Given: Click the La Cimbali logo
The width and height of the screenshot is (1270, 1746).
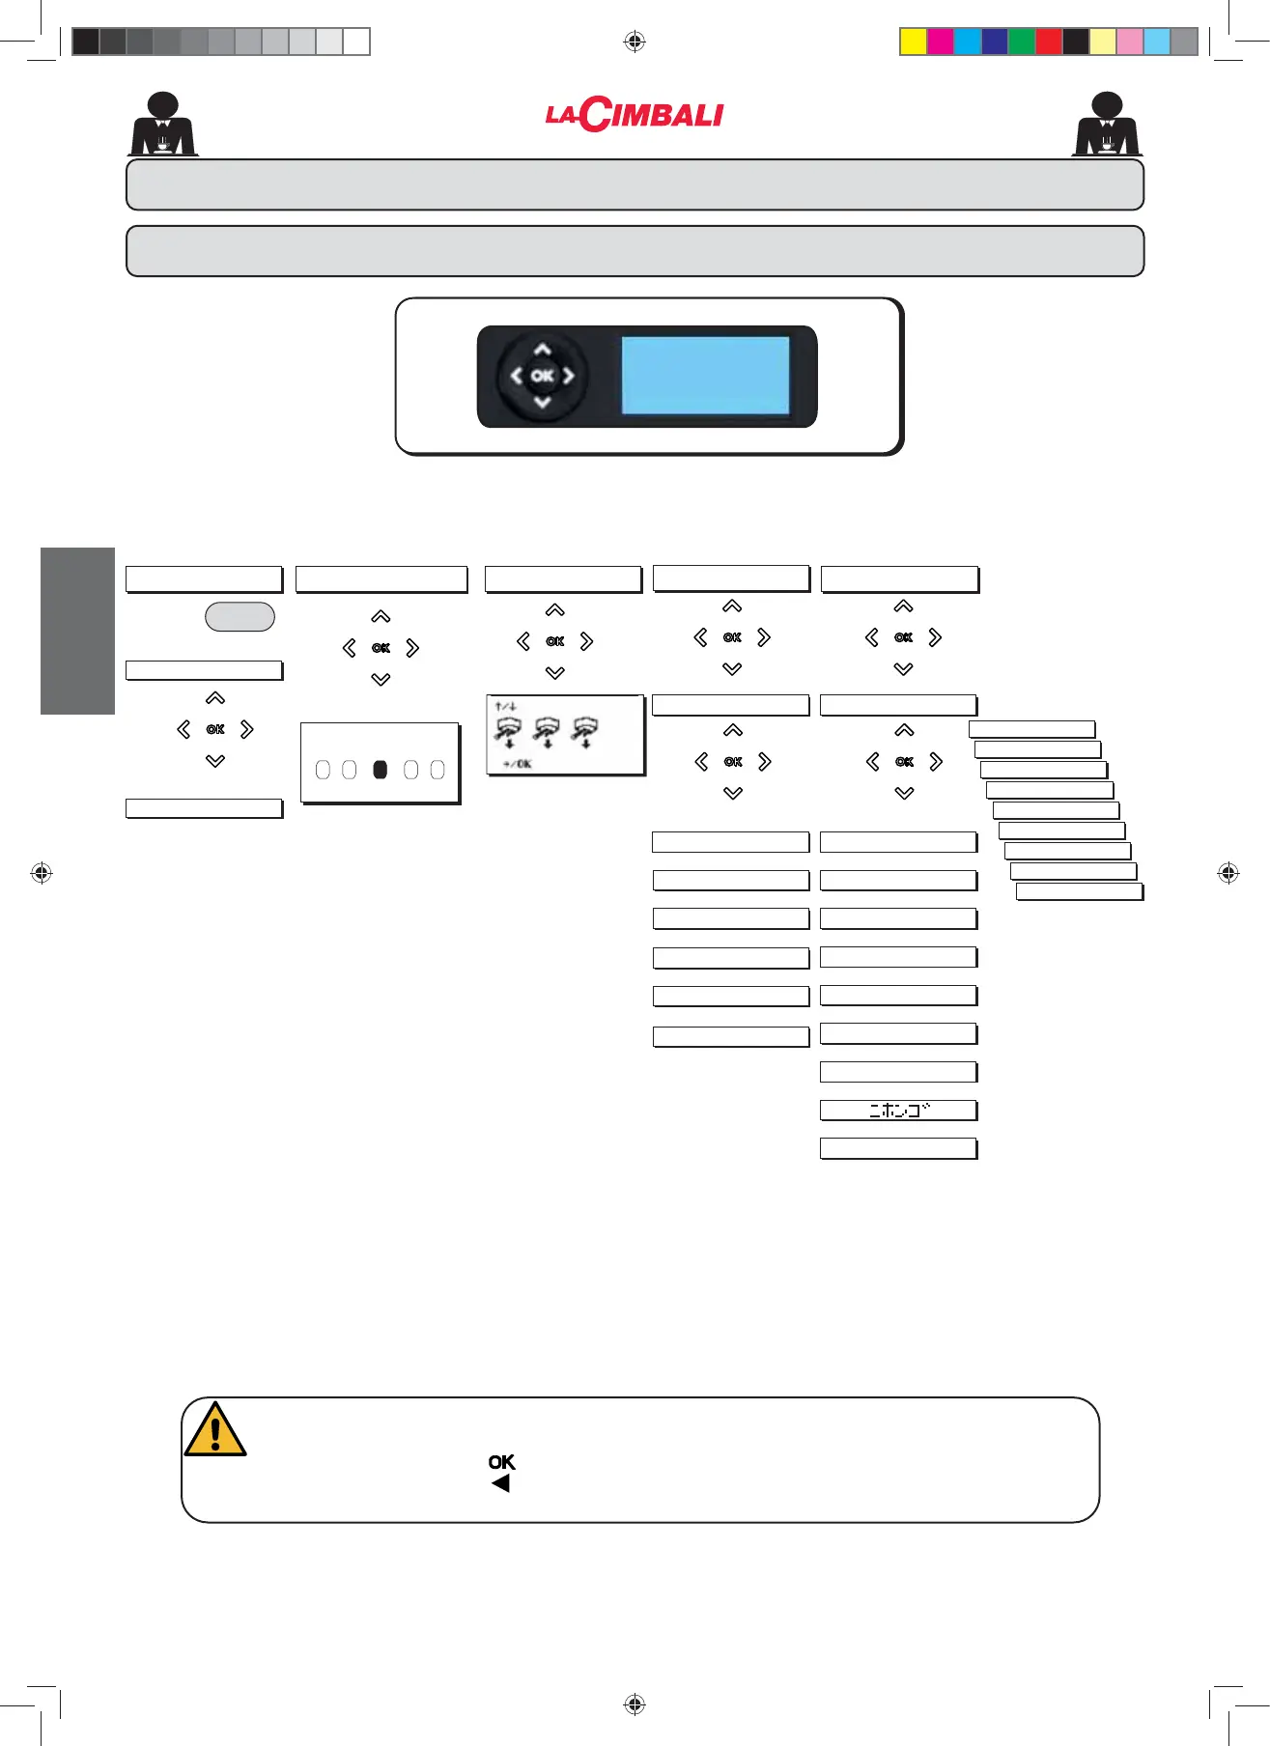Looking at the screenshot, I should [634, 115].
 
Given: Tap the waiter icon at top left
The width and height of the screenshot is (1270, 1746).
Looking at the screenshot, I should [163, 125].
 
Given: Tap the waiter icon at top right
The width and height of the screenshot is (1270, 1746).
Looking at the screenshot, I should [1107, 125].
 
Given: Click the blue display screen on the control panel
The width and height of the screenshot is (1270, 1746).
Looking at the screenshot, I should [705, 376].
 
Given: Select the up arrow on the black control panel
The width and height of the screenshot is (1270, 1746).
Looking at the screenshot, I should [543, 350].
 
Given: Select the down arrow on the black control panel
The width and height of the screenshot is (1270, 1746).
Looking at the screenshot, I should [543, 402].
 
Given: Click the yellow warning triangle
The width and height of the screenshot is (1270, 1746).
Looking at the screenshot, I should [215, 1431].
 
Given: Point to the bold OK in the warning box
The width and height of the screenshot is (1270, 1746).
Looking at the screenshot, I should [501, 1462].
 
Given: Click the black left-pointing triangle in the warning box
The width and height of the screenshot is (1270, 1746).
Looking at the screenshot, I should [500, 1483].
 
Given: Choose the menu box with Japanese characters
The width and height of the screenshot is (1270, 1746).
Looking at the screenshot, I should [898, 1111].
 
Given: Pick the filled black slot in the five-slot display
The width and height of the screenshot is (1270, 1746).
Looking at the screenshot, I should [381, 770].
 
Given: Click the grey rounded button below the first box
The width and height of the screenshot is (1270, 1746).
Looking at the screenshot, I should [240, 617].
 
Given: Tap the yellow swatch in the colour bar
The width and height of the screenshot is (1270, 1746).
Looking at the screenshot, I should [913, 42].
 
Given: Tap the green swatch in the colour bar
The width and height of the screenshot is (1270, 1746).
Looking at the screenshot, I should [1021, 42].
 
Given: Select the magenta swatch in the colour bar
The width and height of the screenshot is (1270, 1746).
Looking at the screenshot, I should [940, 42].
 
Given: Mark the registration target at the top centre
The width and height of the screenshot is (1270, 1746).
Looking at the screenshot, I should [635, 42].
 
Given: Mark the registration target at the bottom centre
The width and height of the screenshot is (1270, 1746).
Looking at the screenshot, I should [635, 1704].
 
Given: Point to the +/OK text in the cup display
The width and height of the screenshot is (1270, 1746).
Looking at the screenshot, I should [517, 764].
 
